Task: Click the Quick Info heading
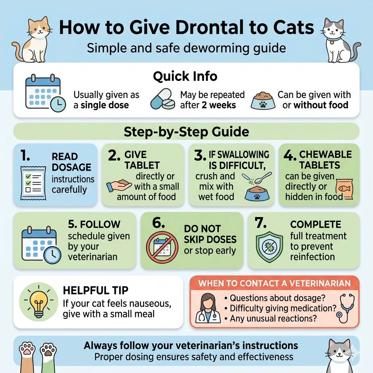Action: pos(185,76)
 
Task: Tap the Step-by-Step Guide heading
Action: pos(186,131)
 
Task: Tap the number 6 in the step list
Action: pos(158,223)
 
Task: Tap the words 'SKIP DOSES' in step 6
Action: pos(210,239)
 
